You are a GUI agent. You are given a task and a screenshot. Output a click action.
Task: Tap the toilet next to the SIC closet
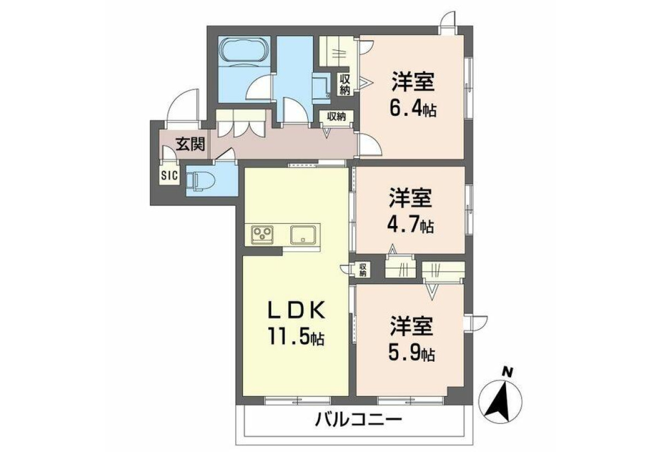pyautogui.click(x=200, y=180)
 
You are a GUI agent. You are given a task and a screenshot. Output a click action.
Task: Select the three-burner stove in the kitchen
pyautogui.click(x=262, y=235)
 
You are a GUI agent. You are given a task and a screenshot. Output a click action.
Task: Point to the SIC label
pyautogui.click(x=170, y=176)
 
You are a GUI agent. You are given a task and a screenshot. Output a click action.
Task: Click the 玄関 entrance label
pyautogui.click(x=191, y=144)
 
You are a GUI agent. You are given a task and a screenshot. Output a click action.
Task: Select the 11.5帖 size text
pyautogui.click(x=296, y=338)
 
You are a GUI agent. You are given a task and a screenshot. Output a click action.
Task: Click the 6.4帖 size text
pyautogui.click(x=413, y=110)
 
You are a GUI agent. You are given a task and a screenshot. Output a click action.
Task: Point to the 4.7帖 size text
pyautogui.click(x=410, y=226)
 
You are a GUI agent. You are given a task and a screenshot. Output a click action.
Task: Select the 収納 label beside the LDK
pyautogui.click(x=363, y=270)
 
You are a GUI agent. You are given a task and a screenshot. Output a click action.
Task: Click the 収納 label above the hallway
pyautogui.click(x=337, y=117)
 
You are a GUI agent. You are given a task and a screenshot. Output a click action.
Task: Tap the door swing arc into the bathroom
pyautogui.click(x=255, y=85)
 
